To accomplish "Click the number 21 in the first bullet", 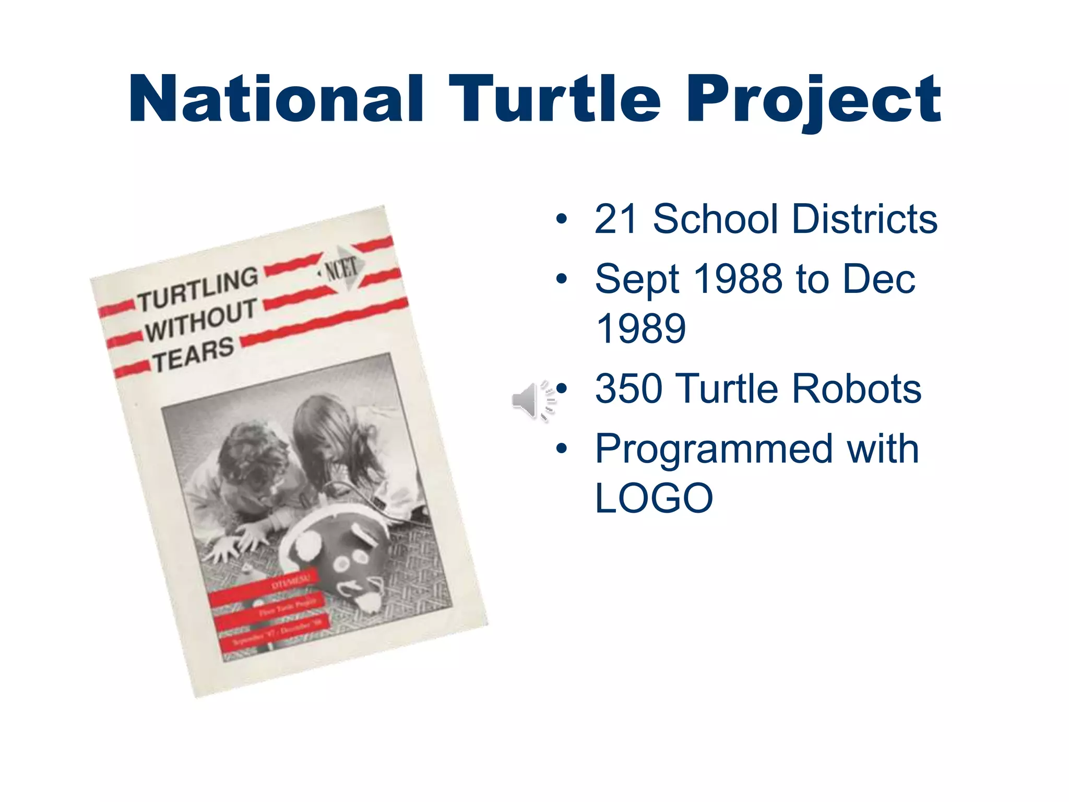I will click(616, 219).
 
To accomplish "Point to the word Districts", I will click(864, 219).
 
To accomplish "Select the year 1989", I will click(640, 329).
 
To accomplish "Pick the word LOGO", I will click(654, 499).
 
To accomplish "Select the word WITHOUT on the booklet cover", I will click(201, 320).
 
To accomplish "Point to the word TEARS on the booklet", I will click(193, 355).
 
